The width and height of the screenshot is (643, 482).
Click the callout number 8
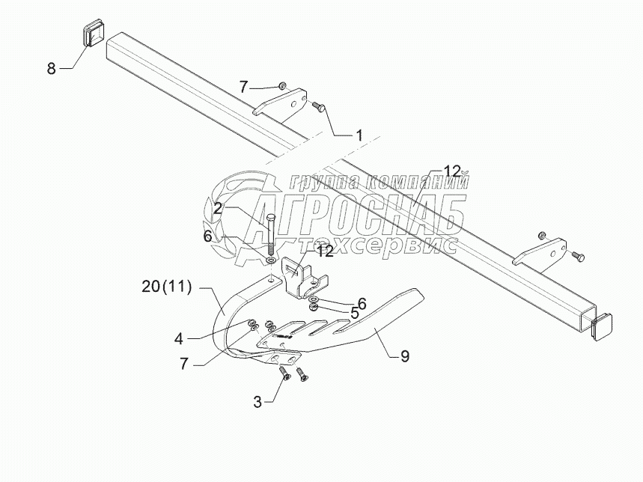click(52, 69)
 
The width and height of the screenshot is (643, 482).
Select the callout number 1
click(359, 135)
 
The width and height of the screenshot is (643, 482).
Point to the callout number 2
click(217, 209)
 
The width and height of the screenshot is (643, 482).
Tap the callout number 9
click(405, 356)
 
